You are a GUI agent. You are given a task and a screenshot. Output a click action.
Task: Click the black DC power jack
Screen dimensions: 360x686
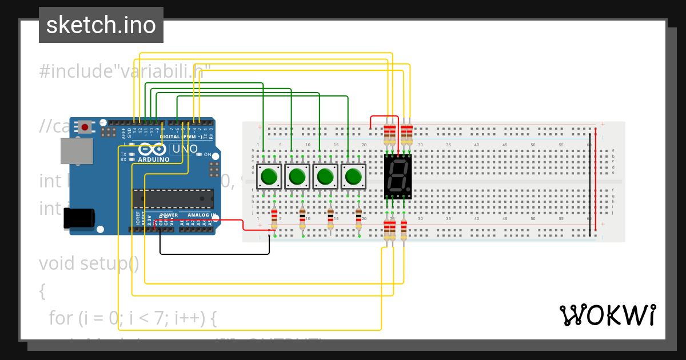click(x=79, y=219)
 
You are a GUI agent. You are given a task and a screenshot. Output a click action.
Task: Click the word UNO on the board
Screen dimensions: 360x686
click(x=185, y=149)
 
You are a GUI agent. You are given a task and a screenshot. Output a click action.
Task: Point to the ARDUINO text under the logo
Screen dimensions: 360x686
click(x=154, y=159)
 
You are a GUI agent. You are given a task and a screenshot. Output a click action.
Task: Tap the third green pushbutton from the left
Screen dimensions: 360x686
click(x=325, y=177)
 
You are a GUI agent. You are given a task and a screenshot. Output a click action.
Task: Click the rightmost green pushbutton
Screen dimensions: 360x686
click(x=353, y=177)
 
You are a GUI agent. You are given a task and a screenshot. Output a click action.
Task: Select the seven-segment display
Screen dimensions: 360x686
click(x=397, y=176)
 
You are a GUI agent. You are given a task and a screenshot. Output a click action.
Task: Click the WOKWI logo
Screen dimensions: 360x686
click(x=607, y=315)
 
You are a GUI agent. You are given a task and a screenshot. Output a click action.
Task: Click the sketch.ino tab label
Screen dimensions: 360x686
click(x=101, y=25)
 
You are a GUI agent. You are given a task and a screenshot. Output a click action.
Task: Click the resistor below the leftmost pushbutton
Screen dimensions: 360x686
click(x=274, y=218)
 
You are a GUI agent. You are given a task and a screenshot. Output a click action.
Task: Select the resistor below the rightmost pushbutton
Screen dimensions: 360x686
click(x=358, y=218)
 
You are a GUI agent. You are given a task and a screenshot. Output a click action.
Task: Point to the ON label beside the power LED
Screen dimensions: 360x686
click(x=208, y=155)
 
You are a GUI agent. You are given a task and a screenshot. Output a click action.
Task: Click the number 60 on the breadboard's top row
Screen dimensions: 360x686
click(x=589, y=145)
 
